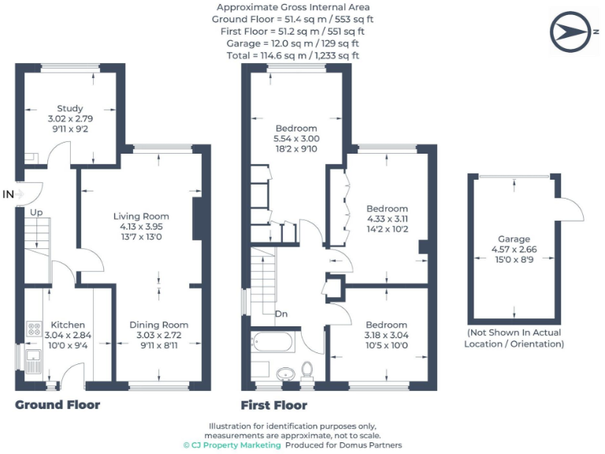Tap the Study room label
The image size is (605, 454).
(70, 109)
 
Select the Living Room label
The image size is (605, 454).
(141, 216)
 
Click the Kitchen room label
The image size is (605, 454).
(68, 324)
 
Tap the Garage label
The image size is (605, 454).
(514, 239)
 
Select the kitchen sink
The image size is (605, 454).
(34, 363)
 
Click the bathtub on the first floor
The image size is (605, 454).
(273, 343)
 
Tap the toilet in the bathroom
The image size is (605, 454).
(308, 369)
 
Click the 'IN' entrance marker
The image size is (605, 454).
(9, 194)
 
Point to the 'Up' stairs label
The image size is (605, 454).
(36, 213)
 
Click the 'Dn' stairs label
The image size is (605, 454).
(280, 314)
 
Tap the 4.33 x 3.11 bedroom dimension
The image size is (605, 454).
(388, 218)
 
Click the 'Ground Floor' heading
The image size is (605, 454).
(58, 404)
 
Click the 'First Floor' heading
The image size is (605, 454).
(273, 405)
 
